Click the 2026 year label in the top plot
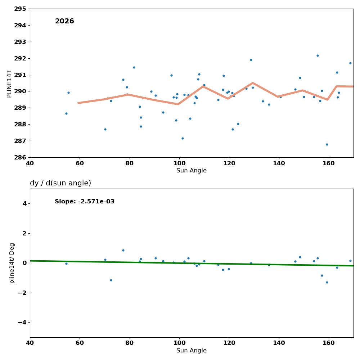(64, 22)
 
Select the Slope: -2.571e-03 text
(85, 202)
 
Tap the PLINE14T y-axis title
(9, 84)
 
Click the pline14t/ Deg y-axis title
(12, 263)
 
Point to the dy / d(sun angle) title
(60, 183)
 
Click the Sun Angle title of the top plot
(192, 171)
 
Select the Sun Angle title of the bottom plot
(192, 351)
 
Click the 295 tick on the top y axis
(20, 9)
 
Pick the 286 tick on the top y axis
(20, 157)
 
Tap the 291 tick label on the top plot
(20, 75)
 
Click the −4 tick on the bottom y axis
(22, 322)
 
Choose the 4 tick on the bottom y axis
(24, 203)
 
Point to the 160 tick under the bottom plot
(328, 343)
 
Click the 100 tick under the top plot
(179, 163)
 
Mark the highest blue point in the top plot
(318, 55)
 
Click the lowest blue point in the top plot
(327, 144)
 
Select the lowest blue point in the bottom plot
(327, 282)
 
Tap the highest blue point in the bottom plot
(123, 250)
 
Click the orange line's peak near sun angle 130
(253, 83)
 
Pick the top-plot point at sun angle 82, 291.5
(134, 67)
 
